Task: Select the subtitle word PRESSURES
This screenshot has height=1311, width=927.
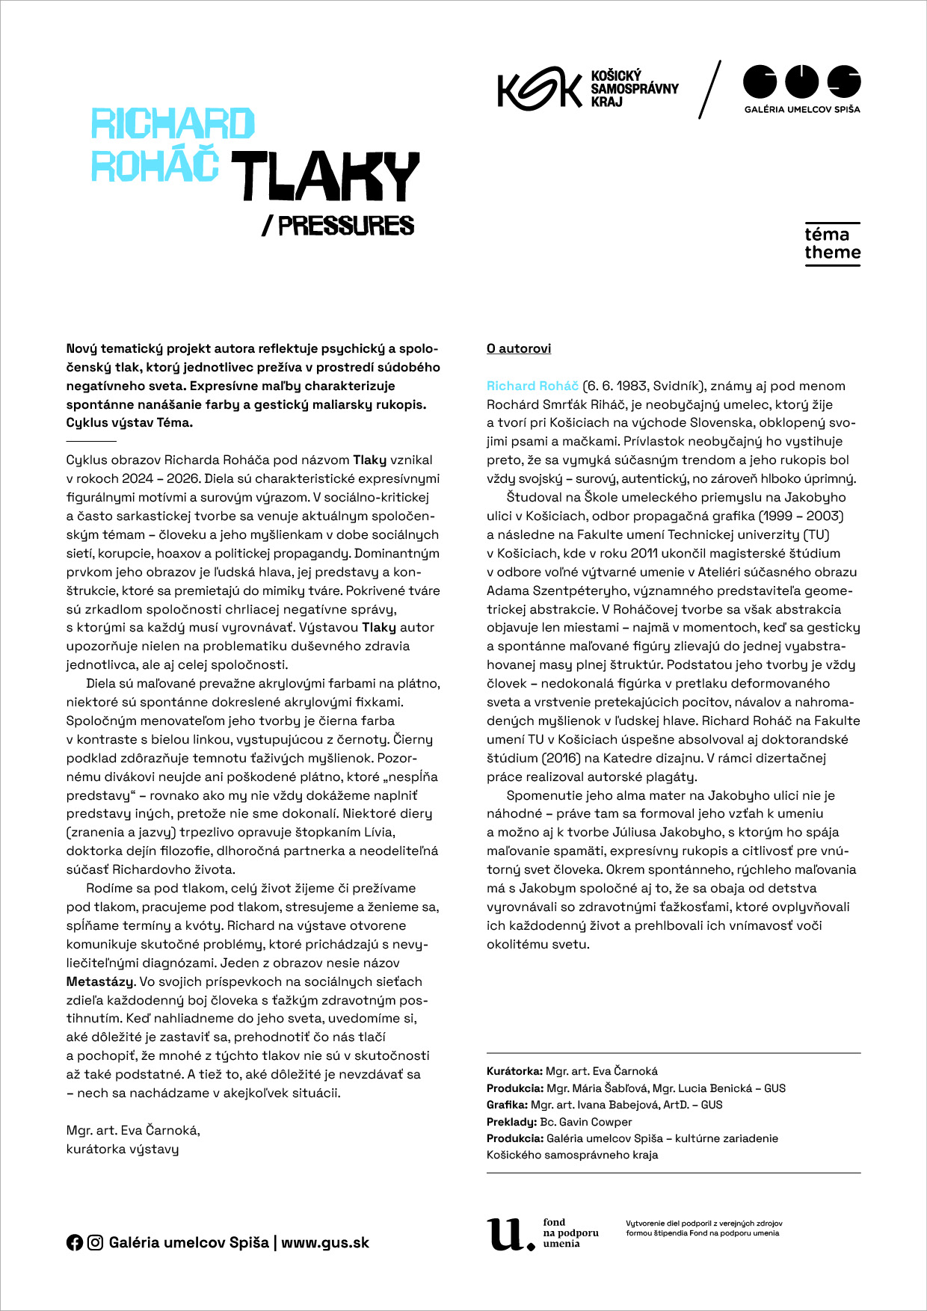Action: [x=345, y=226]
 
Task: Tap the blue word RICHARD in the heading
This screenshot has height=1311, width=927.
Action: [x=173, y=124]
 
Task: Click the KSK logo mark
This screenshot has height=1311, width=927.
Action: [x=539, y=90]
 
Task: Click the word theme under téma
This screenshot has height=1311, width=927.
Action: [x=832, y=253]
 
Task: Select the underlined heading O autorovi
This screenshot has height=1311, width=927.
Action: [x=519, y=348]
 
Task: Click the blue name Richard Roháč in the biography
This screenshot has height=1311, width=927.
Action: [x=532, y=386]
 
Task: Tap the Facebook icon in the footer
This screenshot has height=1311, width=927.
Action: [x=75, y=1242]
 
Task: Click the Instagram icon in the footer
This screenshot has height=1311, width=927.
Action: [x=95, y=1242]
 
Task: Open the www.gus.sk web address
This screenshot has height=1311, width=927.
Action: [x=325, y=1242]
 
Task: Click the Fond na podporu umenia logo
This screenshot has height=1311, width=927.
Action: [x=543, y=1233]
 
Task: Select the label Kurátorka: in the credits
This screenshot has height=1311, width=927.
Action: [x=514, y=1071]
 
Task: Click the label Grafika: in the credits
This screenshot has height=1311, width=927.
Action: [x=507, y=1105]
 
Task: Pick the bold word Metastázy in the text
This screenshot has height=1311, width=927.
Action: [x=100, y=981]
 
